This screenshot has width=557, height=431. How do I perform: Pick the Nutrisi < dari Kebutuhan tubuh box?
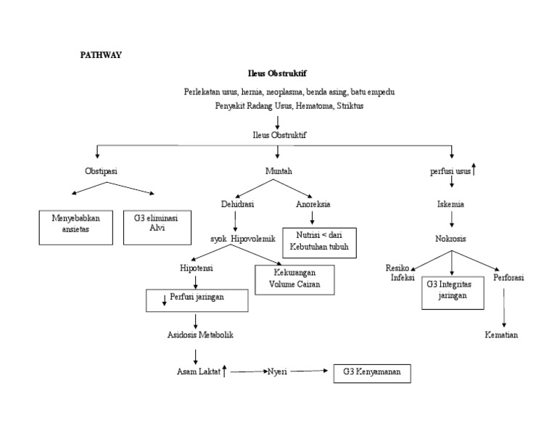click(x=320, y=242)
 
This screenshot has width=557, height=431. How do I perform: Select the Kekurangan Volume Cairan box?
click(x=294, y=279)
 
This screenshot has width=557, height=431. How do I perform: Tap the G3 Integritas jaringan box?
click(x=452, y=290)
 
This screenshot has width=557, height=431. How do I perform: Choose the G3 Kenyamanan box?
click(x=372, y=373)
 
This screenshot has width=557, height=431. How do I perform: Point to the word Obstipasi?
click(x=101, y=171)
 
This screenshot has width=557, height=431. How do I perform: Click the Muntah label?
click(x=278, y=171)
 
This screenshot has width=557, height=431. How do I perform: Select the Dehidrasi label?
click(x=237, y=205)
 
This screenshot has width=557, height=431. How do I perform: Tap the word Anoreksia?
click(x=313, y=205)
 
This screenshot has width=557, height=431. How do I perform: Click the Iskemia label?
click(x=451, y=205)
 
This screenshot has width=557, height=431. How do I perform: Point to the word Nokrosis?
click(x=451, y=238)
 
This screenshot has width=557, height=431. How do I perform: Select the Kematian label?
click(x=502, y=335)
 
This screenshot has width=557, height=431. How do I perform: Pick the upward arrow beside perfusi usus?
click(x=474, y=171)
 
